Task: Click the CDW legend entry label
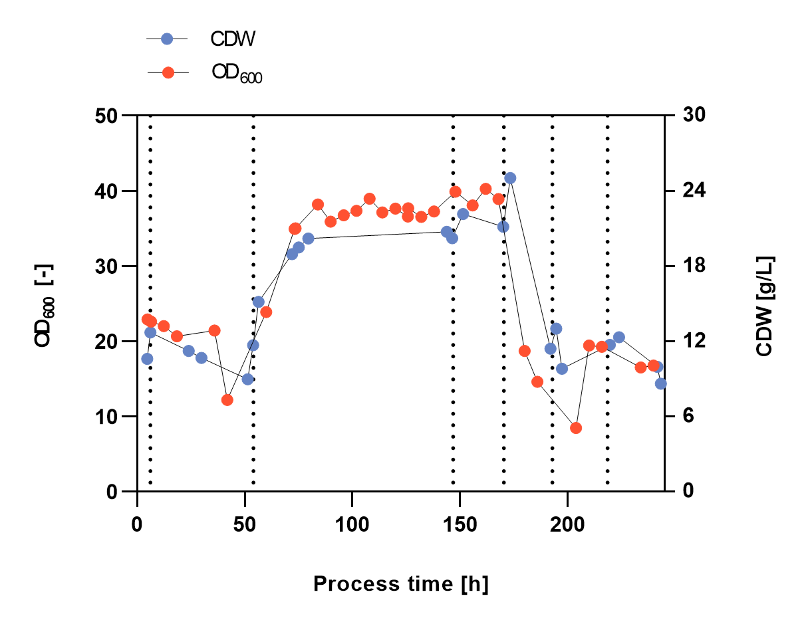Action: click(233, 39)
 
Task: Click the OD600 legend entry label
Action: click(237, 72)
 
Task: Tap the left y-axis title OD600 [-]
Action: click(46, 304)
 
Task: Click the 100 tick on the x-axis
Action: click(352, 522)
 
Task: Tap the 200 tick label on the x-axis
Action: click(567, 522)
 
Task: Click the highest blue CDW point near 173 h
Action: click(510, 178)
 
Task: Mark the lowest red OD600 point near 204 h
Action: click(576, 428)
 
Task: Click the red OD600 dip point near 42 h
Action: click(227, 400)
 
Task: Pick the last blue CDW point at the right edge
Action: click(660, 383)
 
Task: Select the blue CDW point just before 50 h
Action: click(247, 379)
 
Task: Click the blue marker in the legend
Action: click(167, 39)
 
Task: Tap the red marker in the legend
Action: click(168, 72)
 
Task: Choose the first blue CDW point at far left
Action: click(147, 359)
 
